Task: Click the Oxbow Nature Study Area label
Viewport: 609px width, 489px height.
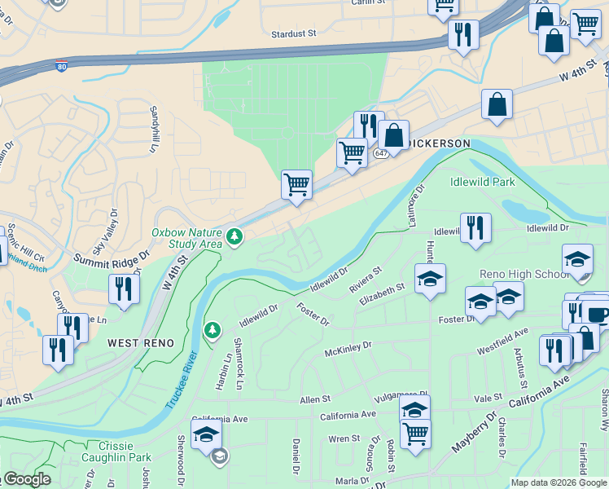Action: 186,237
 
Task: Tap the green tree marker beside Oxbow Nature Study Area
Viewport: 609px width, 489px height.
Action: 235,237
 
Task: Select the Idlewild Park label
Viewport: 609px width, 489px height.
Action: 480,182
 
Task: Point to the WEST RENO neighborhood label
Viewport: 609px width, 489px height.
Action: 141,343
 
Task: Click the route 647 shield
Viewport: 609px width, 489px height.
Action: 380,153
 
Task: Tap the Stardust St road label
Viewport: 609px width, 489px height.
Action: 293,34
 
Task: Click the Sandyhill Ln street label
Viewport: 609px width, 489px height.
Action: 151,130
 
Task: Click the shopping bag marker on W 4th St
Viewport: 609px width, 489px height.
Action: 496,105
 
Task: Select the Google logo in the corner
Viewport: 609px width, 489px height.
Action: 27,479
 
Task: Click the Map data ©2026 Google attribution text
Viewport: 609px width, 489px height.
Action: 557,482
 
